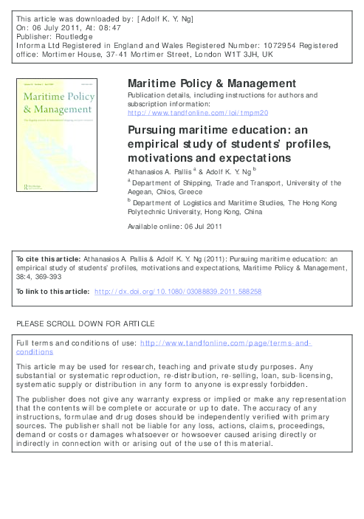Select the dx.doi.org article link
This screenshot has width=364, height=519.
[x=179, y=292]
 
